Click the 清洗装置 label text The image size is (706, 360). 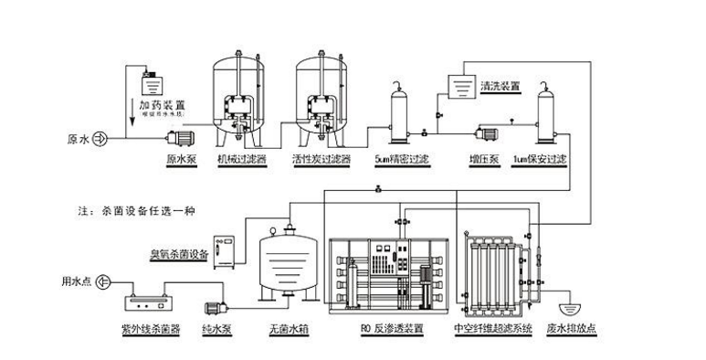click(500, 85)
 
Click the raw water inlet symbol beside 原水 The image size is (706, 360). click(100, 140)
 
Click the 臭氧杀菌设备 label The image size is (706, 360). click(180, 251)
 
